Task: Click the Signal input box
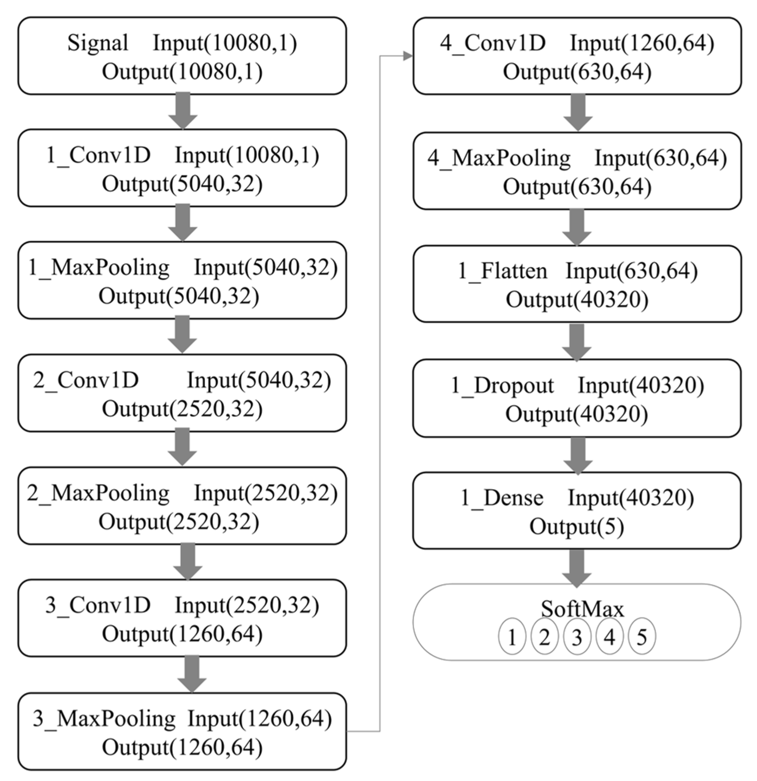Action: point(182,56)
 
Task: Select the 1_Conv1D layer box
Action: point(182,168)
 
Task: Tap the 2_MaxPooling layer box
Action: point(182,506)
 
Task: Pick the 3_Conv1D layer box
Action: point(182,618)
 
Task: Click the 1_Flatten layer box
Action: point(577,284)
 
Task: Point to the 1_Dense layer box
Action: point(577,511)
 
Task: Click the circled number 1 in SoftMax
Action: point(512,636)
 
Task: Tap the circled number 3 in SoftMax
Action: point(577,636)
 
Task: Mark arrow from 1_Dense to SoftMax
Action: point(577,568)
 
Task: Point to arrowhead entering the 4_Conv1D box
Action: point(407,56)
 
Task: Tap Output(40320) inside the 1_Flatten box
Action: point(577,299)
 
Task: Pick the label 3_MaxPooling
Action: point(104,719)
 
